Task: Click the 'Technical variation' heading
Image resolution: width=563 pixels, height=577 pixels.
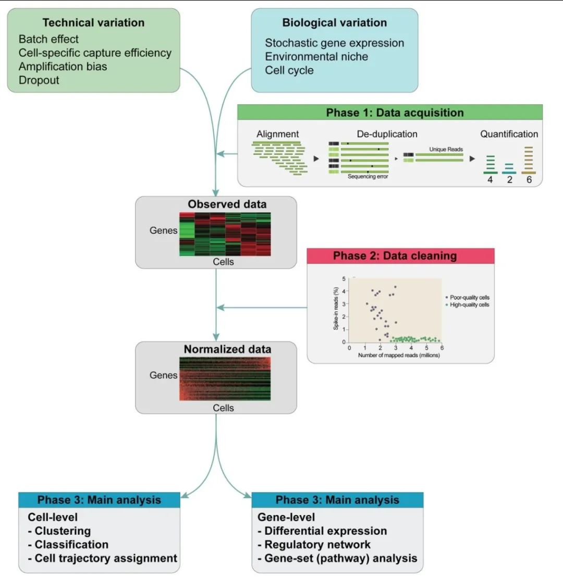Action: (x=93, y=22)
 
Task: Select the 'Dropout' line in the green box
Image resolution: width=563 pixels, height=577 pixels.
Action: (x=39, y=80)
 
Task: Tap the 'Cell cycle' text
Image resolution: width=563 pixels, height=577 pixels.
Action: (x=289, y=70)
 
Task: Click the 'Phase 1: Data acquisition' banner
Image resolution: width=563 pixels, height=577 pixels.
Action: (x=390, y=112)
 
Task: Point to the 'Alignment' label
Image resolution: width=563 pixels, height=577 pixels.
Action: (x=277, y=134)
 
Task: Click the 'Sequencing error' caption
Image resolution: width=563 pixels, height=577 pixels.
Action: (x=368, y=177)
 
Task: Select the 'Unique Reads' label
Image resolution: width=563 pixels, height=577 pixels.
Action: (x=446, y=150)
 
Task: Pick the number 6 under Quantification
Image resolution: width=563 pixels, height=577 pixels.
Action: (x=529, y=180)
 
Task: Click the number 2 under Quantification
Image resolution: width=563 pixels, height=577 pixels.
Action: (x=509, y=180)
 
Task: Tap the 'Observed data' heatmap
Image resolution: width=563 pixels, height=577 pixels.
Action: (x=225, y=234)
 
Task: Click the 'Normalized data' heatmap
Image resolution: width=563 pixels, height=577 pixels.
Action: (x=225, y=378)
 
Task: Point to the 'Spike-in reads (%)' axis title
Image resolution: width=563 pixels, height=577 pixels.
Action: (x=336, y=309)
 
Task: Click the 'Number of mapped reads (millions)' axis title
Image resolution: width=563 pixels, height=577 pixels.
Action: (x=399, y=355)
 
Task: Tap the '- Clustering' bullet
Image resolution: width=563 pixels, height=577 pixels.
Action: (x=59, y=531)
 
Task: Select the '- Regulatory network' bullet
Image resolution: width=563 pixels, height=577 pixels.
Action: (x=314, y=545)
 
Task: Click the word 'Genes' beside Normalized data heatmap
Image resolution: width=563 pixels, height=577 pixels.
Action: (x=163, y=375)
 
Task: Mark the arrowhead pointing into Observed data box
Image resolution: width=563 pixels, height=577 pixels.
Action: (x=216, y=193)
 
